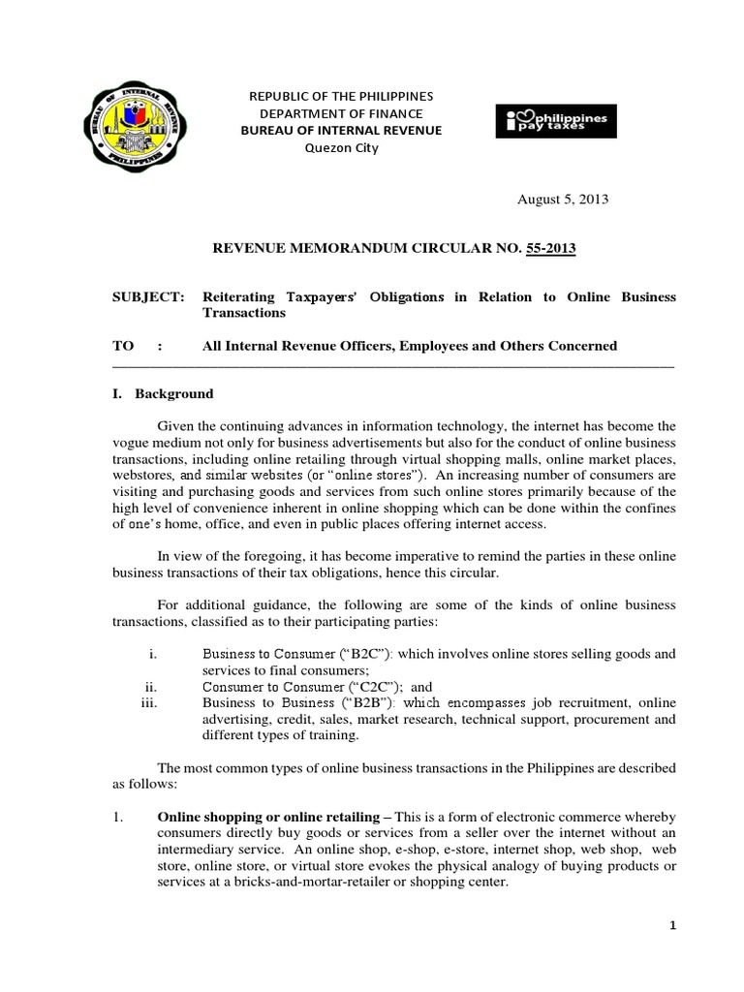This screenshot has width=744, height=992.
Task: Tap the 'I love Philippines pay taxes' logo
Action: pyautogui.click(x=558, y=121)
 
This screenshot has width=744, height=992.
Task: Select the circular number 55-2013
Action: pyautogui.click(x=550, y=249)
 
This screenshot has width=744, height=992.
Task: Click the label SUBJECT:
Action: pyautogui.click(x=147, y=296)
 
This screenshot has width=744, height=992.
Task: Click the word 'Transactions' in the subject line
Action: pyautogui.click(x=243, y=313)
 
